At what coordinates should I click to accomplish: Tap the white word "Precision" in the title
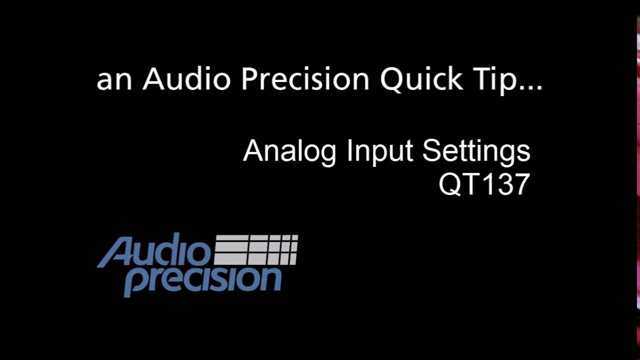305,79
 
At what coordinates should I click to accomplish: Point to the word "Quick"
421,79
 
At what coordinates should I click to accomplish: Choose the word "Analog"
289,151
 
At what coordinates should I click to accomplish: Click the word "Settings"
476,151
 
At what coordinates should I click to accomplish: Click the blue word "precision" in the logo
202,280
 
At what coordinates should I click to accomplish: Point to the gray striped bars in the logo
256,249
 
